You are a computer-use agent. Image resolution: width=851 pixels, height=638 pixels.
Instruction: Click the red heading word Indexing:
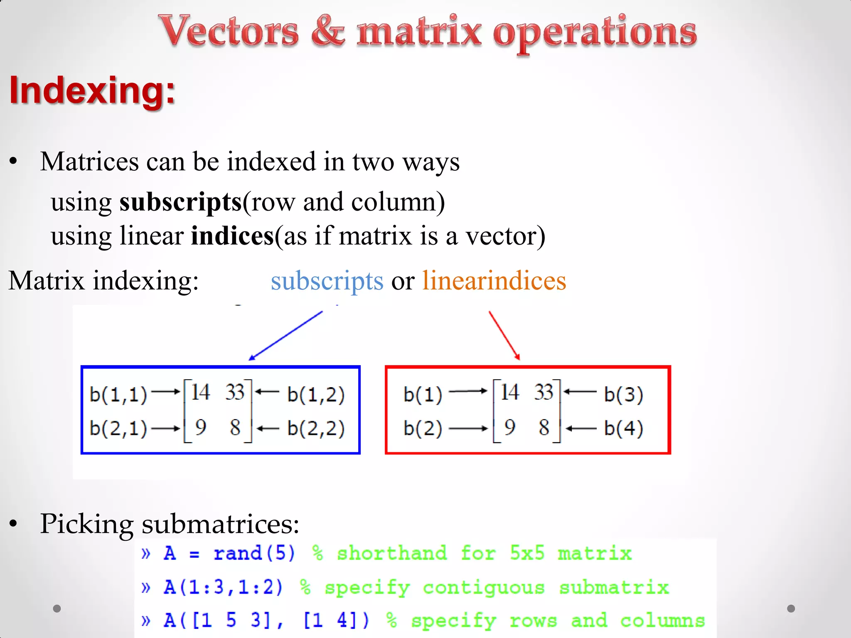click(x=92, y=90)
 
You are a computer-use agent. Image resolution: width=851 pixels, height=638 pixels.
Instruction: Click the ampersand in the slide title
click(x=328, y=31)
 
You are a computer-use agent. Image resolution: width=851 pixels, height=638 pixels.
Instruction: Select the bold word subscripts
click(x=180, y=202)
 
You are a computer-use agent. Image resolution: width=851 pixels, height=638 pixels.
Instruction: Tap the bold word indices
click(x=232, y=236)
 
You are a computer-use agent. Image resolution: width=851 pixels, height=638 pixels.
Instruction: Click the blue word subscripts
click(x=327, y=281)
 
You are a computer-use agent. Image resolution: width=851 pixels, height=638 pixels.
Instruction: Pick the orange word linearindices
click(x=494, y=281)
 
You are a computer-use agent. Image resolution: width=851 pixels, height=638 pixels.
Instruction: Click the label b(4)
click(x=623, y=428)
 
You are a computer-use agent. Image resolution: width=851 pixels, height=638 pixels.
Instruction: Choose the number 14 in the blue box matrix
click(x=200, y=392)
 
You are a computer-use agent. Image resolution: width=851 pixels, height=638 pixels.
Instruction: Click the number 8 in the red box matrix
click(x=544, y=427)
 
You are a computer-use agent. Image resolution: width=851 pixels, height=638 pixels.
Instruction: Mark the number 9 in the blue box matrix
click(x=200, y=427)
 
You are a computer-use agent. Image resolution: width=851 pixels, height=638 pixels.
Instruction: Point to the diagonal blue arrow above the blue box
click(x=286, y=336)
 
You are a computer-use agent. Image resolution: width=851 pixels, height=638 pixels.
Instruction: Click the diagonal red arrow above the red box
click(x=504, y=335)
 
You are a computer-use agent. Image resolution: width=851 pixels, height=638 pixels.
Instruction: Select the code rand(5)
click(x=254, y=553)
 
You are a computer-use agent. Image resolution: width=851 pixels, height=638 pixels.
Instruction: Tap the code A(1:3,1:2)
click(x=223, y=587)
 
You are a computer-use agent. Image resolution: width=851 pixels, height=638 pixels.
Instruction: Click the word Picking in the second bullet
click(x=86, y=524)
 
